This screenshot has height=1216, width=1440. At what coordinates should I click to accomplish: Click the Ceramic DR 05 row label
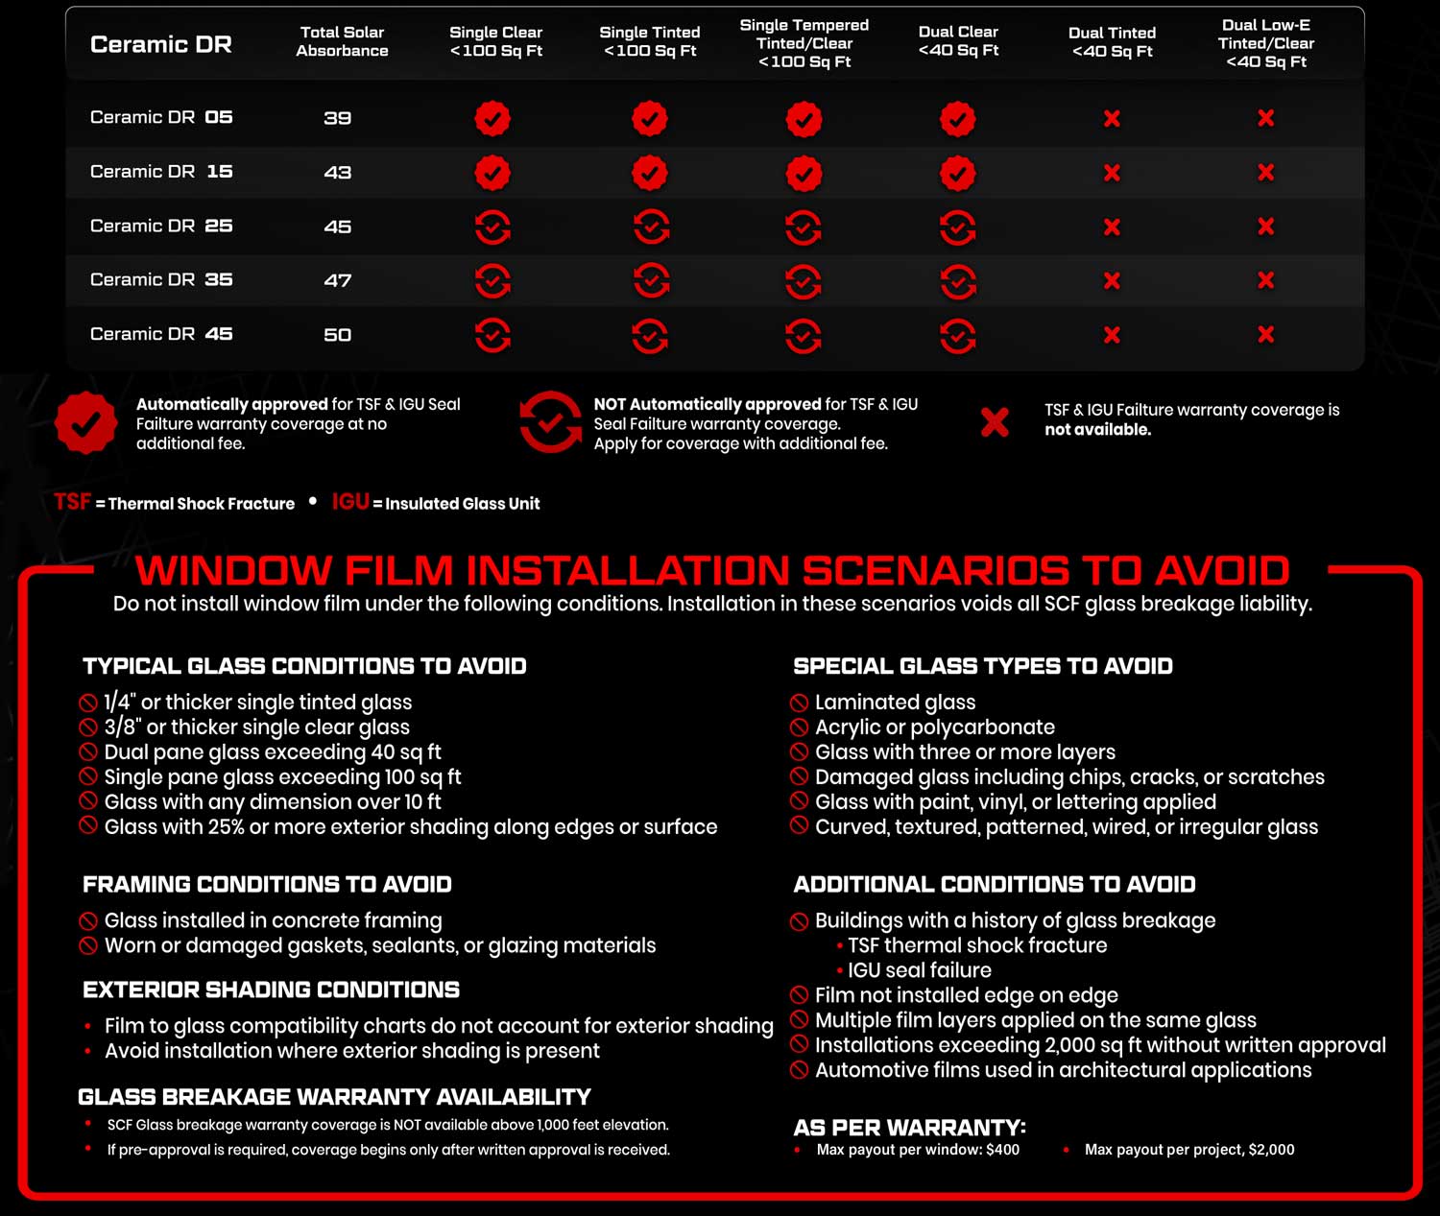coord(161,117)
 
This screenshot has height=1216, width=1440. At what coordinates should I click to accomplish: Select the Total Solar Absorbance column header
coord(342,41)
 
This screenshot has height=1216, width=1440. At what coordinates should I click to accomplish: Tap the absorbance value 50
coord(337,335)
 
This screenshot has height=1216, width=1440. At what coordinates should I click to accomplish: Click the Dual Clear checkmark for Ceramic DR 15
coord(957,173)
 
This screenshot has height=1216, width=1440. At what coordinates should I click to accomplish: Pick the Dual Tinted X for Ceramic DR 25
coord(1112,227)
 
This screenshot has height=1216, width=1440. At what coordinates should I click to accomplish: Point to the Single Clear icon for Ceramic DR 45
coord(492,335)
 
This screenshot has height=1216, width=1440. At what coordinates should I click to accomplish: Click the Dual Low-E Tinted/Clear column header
coord(1266,43)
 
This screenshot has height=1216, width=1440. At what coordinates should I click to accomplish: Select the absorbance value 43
coord(337,173)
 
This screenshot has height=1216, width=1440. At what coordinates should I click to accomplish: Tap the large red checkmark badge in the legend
coord(85,422)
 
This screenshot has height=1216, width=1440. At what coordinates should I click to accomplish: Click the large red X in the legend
coord(995,422)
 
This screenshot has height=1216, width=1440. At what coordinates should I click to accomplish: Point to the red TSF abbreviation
coord(72,501)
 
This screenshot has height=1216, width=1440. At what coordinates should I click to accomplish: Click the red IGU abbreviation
coord(350,501)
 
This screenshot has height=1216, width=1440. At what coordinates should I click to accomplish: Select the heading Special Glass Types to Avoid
coord(983,666)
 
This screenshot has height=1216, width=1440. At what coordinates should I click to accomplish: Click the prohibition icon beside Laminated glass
coord(799,703)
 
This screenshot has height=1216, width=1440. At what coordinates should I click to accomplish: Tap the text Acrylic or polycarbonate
coord(934,727)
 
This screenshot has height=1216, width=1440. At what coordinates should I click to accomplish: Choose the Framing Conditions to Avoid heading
coord(267,885)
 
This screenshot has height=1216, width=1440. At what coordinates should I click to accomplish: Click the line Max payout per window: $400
coord(917,1150)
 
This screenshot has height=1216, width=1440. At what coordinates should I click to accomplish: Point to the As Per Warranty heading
coord(909,1128)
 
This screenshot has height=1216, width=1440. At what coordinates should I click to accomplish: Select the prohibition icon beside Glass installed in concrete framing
coord(88,921)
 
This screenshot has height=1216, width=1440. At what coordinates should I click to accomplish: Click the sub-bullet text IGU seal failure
coord(920,970)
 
